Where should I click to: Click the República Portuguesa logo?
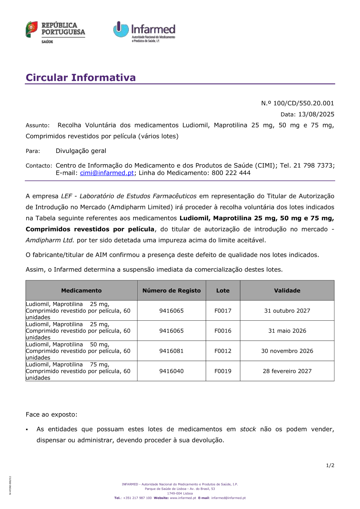coord(55,32)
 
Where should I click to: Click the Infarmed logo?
coord(144,32)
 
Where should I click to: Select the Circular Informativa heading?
coord(81,77)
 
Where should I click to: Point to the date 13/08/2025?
coord(316,114)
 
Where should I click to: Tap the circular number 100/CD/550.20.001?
coord(303,103)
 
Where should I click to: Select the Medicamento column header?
coord(81,290)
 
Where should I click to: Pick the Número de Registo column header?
coord(171,290)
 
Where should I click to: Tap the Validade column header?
coord(287,290)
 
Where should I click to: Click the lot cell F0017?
coord(223,311)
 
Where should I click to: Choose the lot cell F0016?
coord(223,331)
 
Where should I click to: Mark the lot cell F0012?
coord(223,351)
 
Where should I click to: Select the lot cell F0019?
coord(223,371)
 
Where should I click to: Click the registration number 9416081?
coord(171,351)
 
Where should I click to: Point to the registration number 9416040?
coord(171,371)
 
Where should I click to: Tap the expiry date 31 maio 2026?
coord(287,331)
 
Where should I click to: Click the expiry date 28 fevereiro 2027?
coord(287,371)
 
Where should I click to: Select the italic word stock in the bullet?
coord(248,429)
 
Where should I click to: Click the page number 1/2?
coord(330,465)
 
